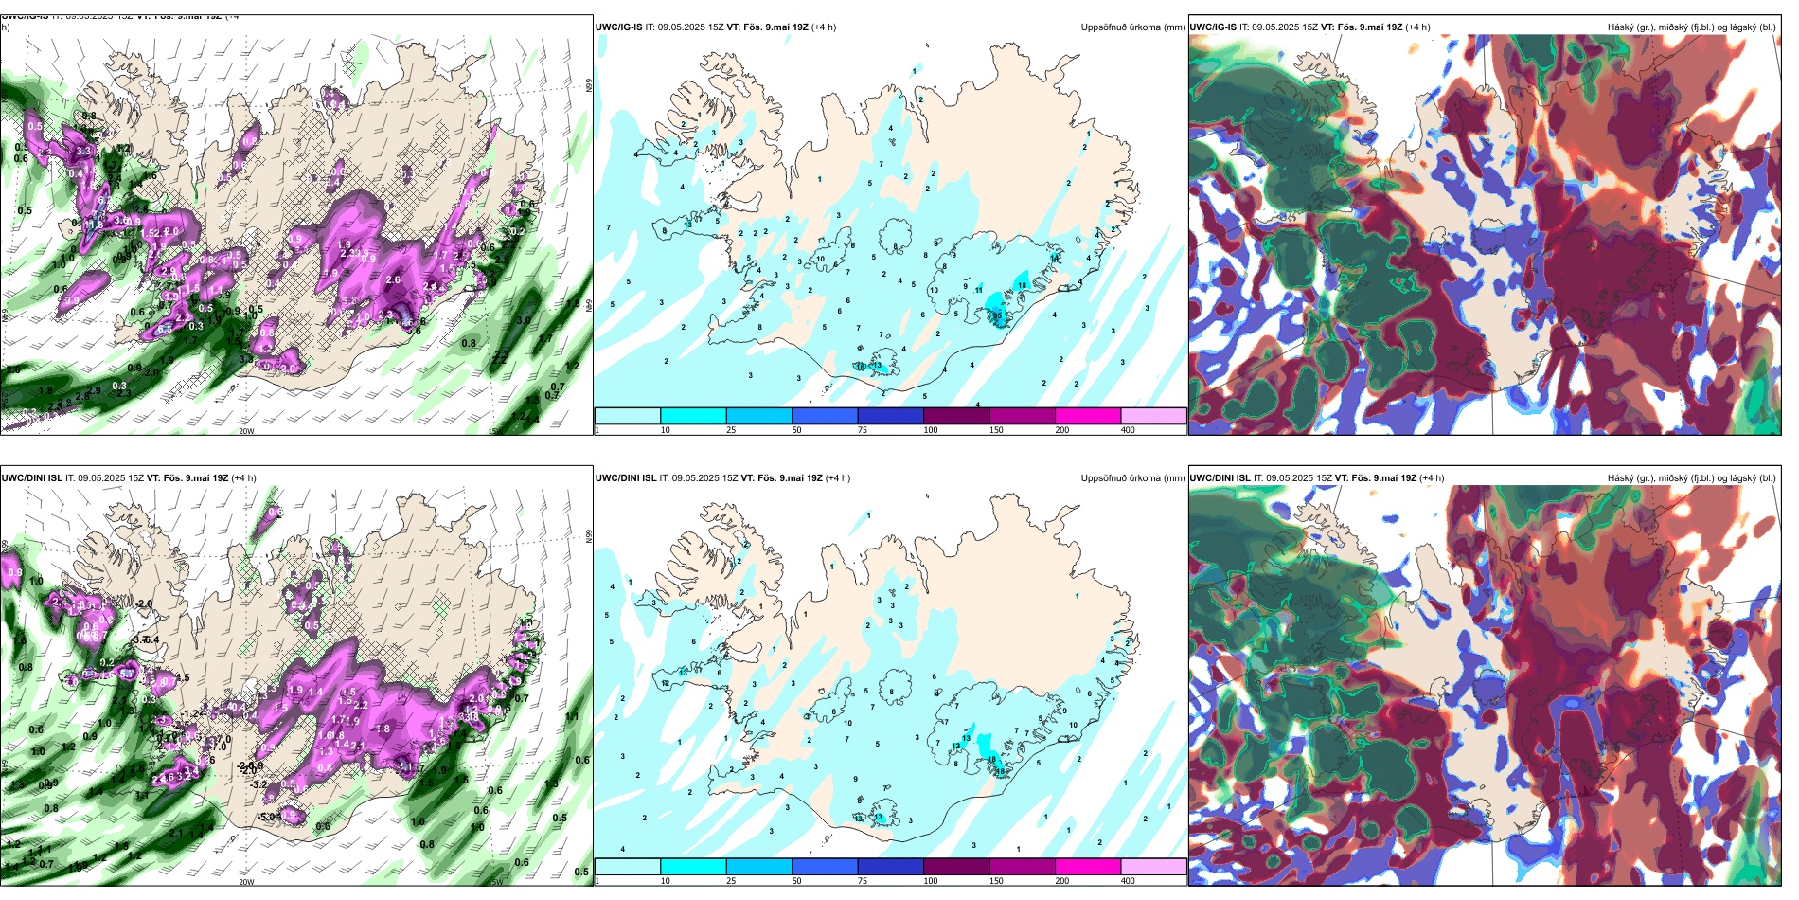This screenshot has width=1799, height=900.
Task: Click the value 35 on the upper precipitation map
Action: pos(997,315)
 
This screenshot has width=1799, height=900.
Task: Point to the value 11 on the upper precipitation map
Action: pos(979,289)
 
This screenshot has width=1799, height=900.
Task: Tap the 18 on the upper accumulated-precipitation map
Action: pos(1022,285)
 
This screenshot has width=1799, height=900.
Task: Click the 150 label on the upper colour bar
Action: pos(996,430)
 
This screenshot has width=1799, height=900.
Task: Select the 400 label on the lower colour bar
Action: pos(1128,881)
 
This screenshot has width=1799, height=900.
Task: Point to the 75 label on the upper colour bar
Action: pos(863,430)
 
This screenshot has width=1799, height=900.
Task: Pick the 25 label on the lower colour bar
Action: pos(731,881)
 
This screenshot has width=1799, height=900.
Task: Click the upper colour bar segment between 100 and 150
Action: pos(955,416)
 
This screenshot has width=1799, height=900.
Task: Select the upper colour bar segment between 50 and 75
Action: pos(824,416)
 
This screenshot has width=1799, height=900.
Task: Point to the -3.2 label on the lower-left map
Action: pos(258,784)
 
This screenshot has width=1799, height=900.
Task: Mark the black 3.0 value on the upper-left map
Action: pos(524,320)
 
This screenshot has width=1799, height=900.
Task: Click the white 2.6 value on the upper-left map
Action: pos(393,280)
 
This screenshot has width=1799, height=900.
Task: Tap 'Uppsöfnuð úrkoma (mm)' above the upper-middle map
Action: pos(1132,27)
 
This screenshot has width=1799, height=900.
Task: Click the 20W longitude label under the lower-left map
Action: pos(246,882)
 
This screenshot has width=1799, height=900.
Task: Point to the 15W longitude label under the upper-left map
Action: pos(493,431)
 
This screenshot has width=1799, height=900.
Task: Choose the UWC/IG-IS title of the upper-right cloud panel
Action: pos(1213,27)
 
